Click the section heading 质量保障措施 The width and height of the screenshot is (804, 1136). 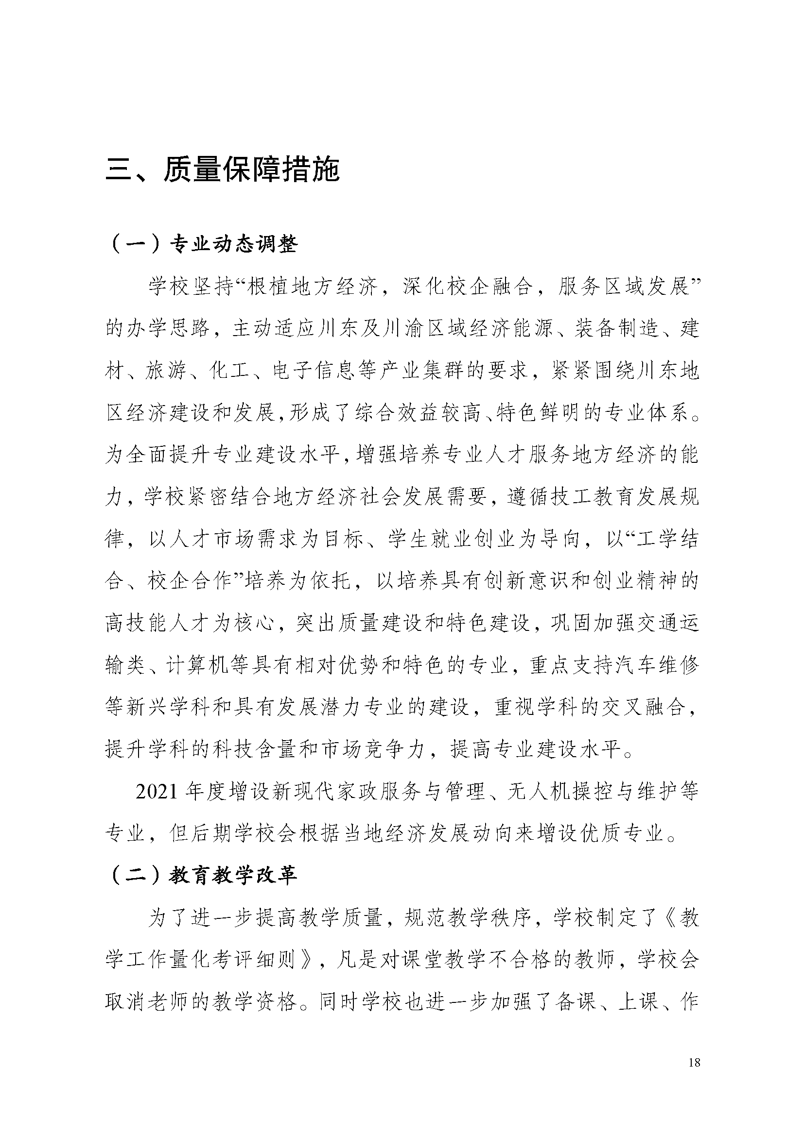(x=222, y=170)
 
